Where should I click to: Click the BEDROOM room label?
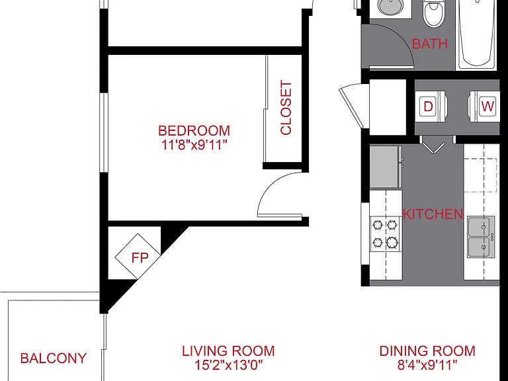pyautogui.click(x=194, y=130)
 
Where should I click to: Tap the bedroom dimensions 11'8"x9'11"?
pyautogui.click(x=194, y=145)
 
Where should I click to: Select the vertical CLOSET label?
pyautogui.click(x=286, y=108)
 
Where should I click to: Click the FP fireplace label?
pyautogui.click(x=140, y=258)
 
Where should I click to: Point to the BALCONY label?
pyautogui.click(x=54, y=359)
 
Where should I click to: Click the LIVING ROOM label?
pyautogui.click(x=228, y=351)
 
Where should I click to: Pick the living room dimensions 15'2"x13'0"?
pyautogui.click(x=228, y=365)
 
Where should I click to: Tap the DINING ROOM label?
pyautogui.click(x=427, y=351)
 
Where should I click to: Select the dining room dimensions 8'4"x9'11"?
pyautogui.click(x=427, y=365)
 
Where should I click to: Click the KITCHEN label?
pyautogui.click(x=433, y=214)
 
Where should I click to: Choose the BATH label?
pyautogui.click(x=430, y=44)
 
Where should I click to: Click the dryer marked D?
pyautogui.click(x=431, y=106)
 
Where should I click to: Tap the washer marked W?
pyautogui.click(x=484, y=106)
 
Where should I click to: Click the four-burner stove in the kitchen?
pyautogui.click(x=385, y=233)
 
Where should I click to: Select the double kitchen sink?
pyautogui.click(x=481, y=237)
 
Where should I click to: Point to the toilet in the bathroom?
pyautogui.click(x=434, y=14)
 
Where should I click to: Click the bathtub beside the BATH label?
pyautogui.click(x=477, y=34)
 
